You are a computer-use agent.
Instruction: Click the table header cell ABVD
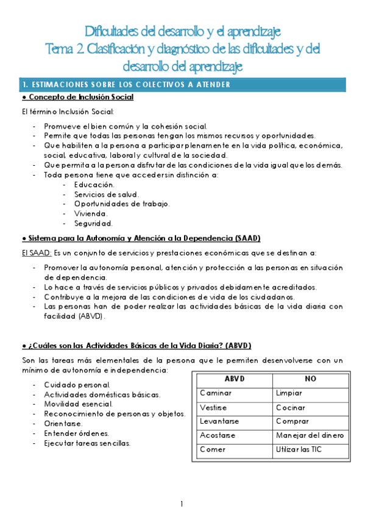pyautogui.click(x=234, y=379)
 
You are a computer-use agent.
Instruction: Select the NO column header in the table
pyautogui.click(x=311, y=379)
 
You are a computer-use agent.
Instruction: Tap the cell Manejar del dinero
pyautogui.click(x=310, y=435)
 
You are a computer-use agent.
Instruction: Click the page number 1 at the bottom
pyautogui.click(x=182, y=504)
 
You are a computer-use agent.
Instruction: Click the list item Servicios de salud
pyautogui.click(x=107, y=194)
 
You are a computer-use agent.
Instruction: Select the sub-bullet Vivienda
pyautogui.click(x=91, y=213)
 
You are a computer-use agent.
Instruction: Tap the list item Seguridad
pyautogui.click(x=93, y=223)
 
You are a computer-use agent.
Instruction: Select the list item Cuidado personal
pyautogui.click(x=77, y=385)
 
